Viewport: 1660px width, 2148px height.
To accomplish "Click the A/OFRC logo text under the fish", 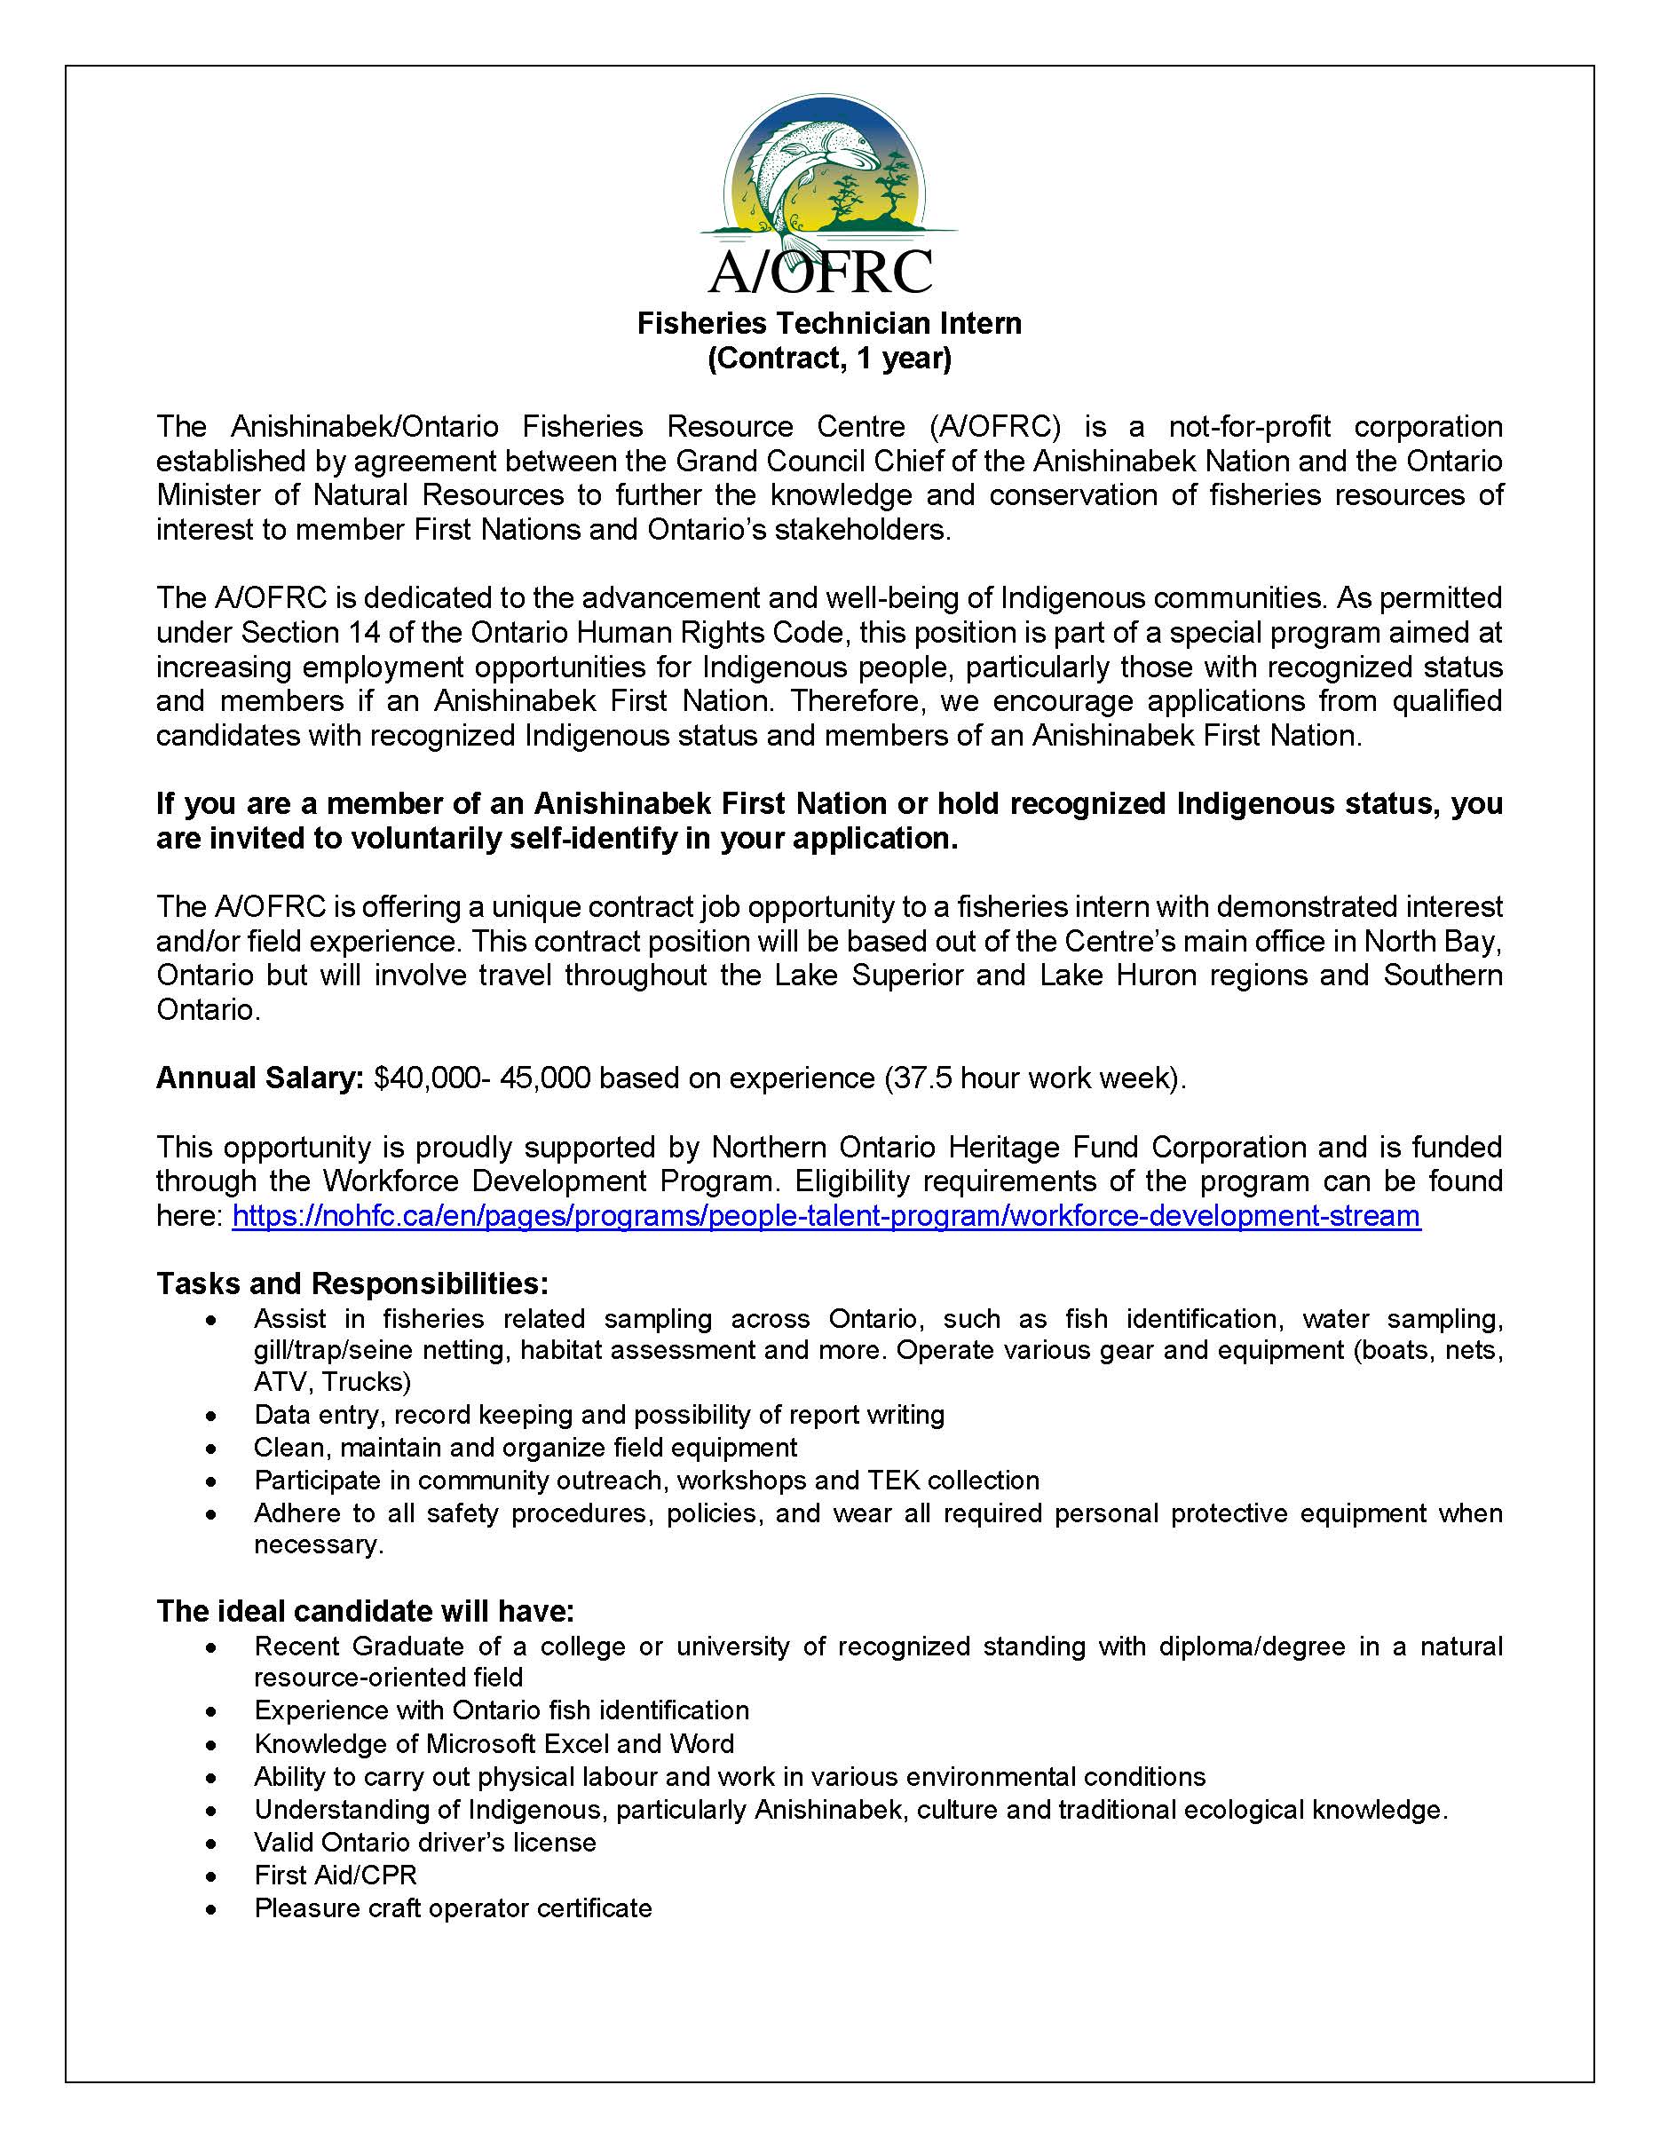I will [820, 272].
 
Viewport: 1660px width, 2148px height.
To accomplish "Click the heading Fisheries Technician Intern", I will [829, 324].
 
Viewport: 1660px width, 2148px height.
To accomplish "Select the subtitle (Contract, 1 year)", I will [829, 358].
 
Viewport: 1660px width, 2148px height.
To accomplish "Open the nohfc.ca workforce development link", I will [826, 1216].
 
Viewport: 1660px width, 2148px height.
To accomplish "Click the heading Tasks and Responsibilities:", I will [352, 1283].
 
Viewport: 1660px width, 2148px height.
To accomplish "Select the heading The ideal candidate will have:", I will [365, 1611].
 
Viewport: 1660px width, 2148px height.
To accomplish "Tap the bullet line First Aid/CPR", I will [336, 1875].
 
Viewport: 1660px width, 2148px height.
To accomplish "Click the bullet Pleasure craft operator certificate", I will [453, 1908].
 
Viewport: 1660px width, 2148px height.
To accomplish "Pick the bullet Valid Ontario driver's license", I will [425, 1842].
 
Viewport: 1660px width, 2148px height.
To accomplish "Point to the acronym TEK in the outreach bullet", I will [893, 1481].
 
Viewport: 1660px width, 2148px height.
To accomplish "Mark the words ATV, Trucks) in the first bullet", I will [332, 1382].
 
